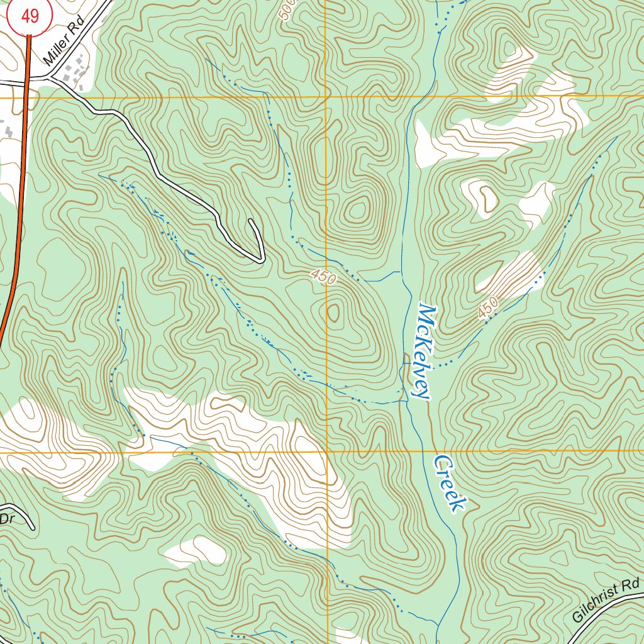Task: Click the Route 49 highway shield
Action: pyautogui.click(x=30, y=16)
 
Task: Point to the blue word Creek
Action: pyautogui.click(x=450, y=483)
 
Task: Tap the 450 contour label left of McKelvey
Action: pyautogui.click(x=323, y=277)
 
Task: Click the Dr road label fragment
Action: pyautogui.click(x=6, y=519)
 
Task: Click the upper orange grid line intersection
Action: pyautogui.click(x=326, y=97)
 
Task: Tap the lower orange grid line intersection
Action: pyautogui.click(x=327, y=452)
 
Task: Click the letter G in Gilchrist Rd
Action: pyautogui.click(x=578, y=617)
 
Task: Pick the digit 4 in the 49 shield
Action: pyautogui.click(x=25, y=16)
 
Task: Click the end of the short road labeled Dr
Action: pyautogui.click(x=31, y=528)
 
